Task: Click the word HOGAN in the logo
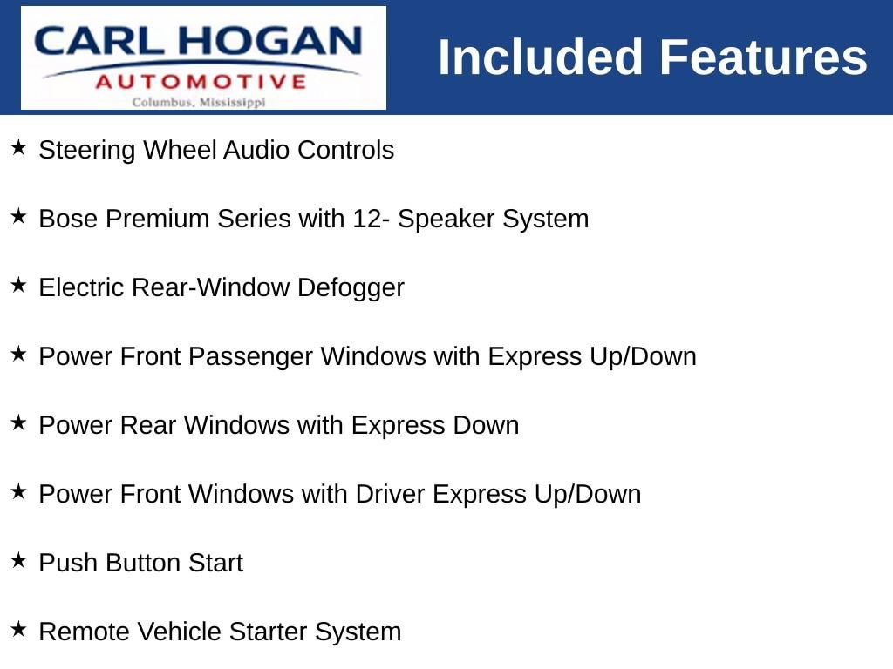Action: [269, 41]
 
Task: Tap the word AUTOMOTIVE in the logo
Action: [201, 82]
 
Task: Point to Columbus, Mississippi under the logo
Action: [199, 103]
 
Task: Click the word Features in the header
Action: [763, 57]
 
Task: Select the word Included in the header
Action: [540, 57]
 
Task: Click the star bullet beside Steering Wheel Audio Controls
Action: [19, 148]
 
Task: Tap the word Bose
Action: [68, 219]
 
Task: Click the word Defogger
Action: [351, 288]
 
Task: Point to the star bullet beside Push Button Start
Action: [19, 560]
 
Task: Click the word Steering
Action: [87, 151]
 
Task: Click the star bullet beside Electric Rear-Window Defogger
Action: [19, 285]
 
